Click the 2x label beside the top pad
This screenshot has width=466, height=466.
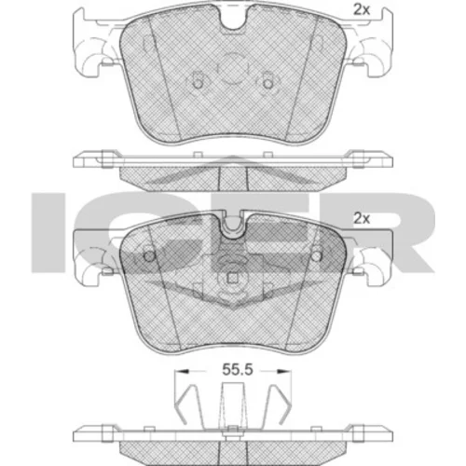click(x=362, y=10)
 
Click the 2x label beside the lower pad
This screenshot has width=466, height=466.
click(x=362, y=219)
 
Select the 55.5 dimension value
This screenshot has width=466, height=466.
click(x=238, y=370)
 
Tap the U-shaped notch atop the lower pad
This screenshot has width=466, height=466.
click(x=233, y=228)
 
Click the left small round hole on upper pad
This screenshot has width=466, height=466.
click(x=198, y=83)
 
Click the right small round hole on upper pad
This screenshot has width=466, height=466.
click(x=267, y=83)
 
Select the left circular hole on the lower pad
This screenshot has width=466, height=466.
click(x=149, y=256)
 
